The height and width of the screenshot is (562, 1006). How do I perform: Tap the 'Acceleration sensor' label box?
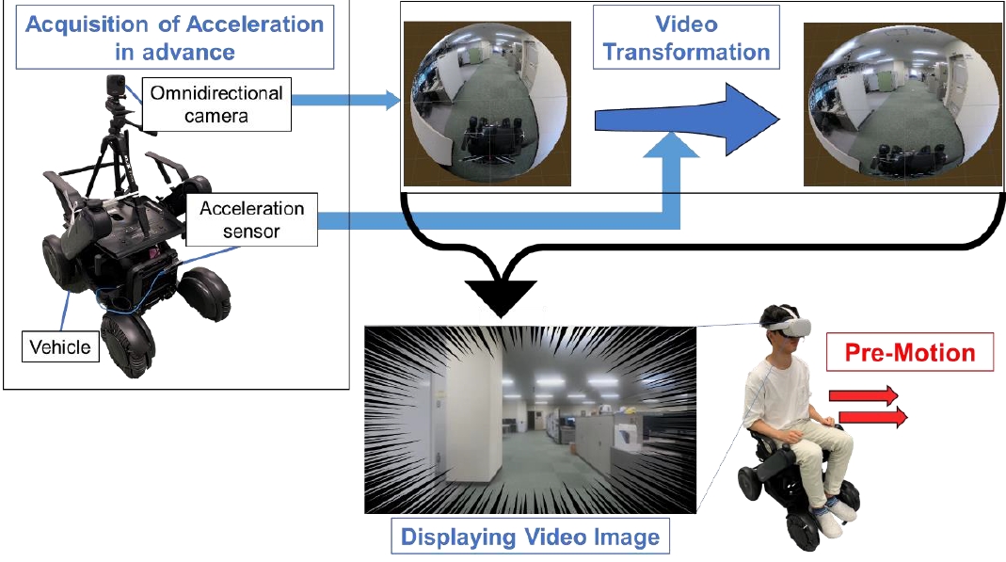(x=252, y=219)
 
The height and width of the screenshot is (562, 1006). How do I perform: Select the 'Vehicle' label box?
(x=60, y=346)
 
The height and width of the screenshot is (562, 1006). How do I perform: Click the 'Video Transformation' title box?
(x=686, y=37)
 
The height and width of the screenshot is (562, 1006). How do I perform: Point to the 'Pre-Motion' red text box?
(x=909, y=353)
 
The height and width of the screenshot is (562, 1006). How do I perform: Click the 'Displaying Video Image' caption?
(x=530, y=538)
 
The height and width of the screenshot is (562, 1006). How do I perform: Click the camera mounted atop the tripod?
(x=117, y=88)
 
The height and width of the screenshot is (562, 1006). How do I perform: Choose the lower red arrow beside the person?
(x=872, y=415)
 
